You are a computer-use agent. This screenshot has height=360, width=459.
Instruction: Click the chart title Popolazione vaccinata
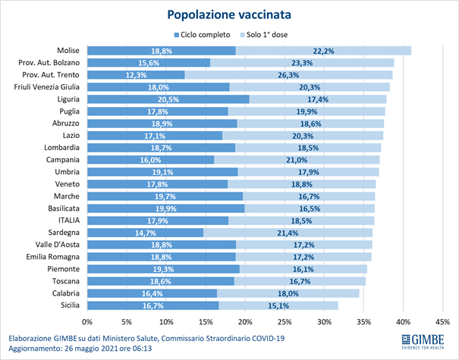229,14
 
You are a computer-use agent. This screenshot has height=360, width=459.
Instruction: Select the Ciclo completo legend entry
200,35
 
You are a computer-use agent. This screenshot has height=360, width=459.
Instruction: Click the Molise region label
71,50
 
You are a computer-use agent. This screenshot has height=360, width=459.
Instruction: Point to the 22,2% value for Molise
324,50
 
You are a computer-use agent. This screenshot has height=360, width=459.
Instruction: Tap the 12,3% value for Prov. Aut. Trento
136,75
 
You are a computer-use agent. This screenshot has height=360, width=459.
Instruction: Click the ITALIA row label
70,220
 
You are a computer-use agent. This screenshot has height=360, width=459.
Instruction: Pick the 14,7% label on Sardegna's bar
145,232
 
